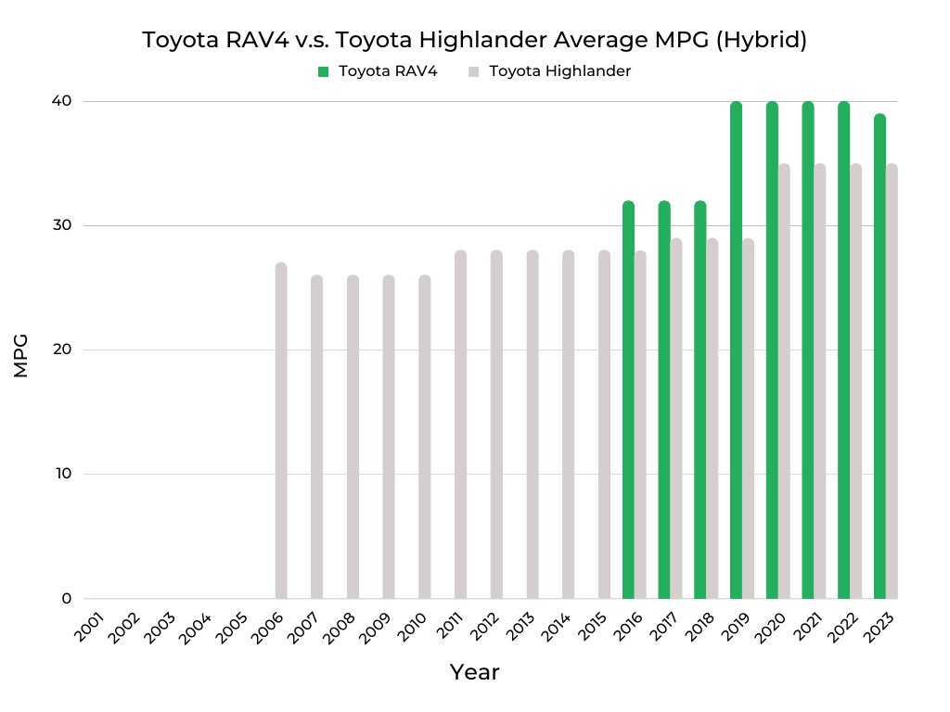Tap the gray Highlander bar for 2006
281,431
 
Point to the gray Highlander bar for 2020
784,381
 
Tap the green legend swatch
323,71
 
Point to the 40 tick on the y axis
66,101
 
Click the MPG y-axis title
21,355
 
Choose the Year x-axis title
474,672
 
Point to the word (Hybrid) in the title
764,41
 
